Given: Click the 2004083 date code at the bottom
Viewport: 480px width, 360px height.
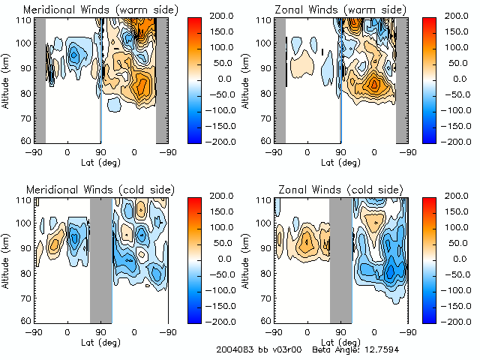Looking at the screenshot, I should point(235,349).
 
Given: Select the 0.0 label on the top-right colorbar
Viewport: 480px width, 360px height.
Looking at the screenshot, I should point(456,78).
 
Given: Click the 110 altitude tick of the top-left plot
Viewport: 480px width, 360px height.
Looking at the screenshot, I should point(25,20).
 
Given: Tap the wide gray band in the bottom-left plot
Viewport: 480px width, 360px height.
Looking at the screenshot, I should point(100,259).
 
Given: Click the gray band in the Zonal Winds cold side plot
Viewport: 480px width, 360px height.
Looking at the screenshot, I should point(341,259).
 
